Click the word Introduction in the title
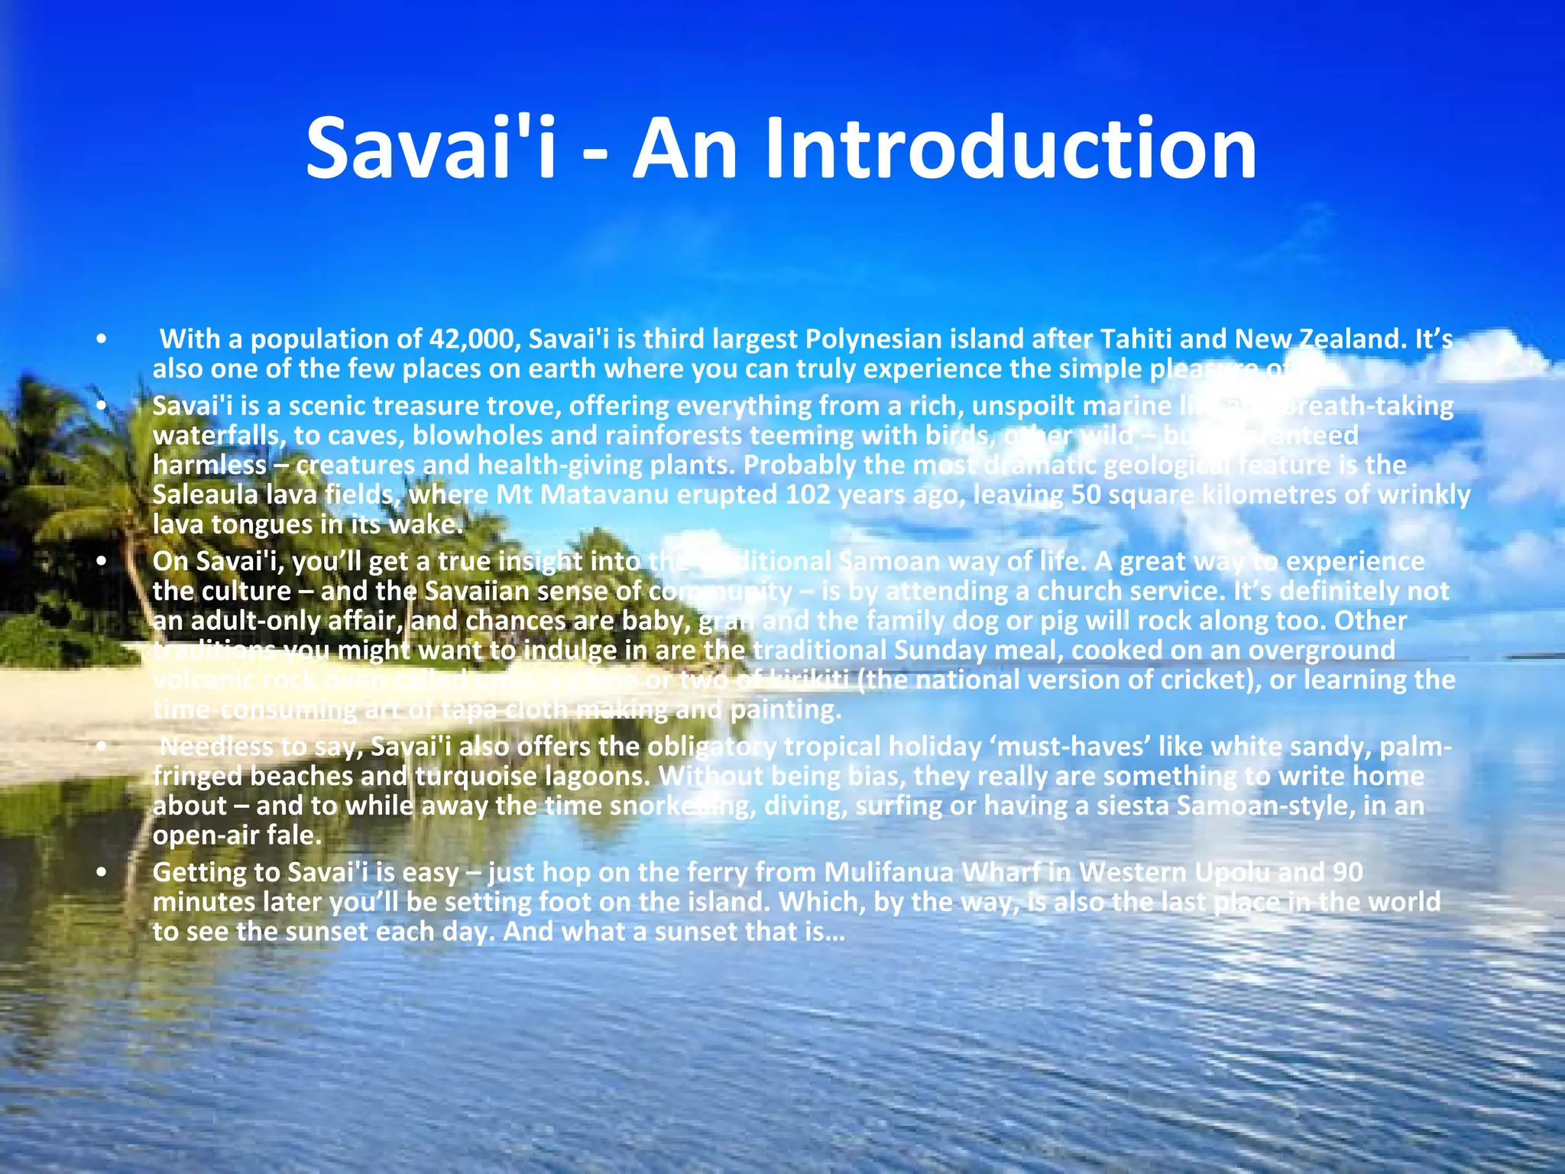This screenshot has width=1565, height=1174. [x=945, y=148]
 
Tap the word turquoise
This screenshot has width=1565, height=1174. [x=476, y=777]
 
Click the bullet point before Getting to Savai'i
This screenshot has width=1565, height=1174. [x=101, y=872]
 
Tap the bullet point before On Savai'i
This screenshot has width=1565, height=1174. [x=101, y=562]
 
